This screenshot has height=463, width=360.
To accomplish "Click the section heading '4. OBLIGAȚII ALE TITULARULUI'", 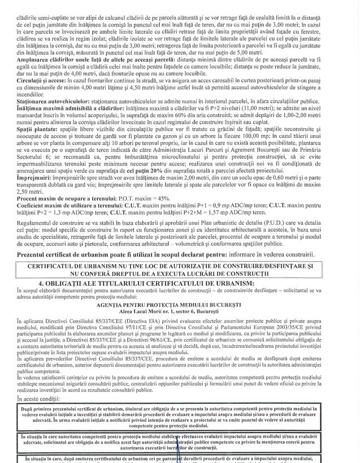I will pyautogui.click(x=179, y=282).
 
